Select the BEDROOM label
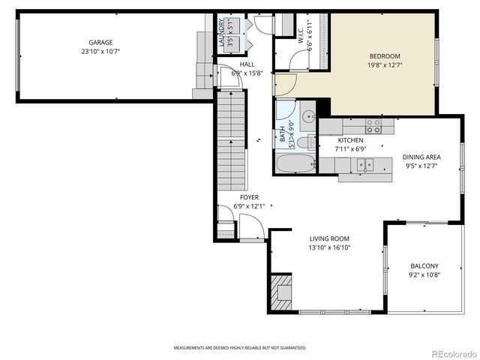tap(384, 56)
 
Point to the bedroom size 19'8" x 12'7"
tap(384, 65)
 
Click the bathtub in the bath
tap(295, 163)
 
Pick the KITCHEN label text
tap(350, 140)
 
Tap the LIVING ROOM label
tap(330, 238)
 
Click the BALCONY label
tap(424, 266)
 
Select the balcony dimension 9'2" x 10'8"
tap(424, 275)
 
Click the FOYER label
tap(249, 197)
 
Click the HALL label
tap(236, 64)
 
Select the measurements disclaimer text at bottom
tap(240, 348)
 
